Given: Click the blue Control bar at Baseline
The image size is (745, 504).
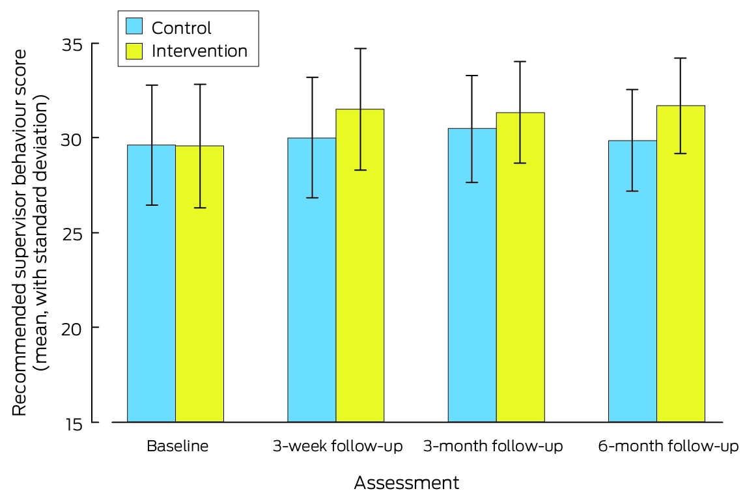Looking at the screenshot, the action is (x=152, y=284).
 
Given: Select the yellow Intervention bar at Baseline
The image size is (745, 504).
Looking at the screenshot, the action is (x=199, y=284).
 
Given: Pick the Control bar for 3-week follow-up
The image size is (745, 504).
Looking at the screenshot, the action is (x=312, y=280).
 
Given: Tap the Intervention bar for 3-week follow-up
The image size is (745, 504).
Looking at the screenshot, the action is (x=359, y=266).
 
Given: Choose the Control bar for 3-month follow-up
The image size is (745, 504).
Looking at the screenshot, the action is (x=472, y=275).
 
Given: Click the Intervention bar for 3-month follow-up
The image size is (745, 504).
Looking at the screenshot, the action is (x=520, y=268).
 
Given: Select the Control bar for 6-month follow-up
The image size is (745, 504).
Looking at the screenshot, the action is (x=632, y=281).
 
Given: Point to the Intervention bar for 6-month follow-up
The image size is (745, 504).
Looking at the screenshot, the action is (x=681, y=264).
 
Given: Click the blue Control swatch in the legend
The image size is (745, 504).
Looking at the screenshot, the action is (x=134, y=26).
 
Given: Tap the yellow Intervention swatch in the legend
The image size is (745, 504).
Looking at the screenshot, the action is (x=134, y=51).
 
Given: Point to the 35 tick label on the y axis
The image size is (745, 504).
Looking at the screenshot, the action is (x=72, y=45).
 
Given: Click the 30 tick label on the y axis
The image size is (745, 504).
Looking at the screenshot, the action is (x=72, y=139).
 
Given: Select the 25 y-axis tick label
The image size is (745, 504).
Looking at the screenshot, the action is (x=72, y=234).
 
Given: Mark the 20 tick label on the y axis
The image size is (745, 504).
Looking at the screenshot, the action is (x=72, y=329).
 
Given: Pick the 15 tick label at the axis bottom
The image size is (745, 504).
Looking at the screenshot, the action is (x=73, y=424).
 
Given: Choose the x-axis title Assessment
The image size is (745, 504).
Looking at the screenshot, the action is (x=407, y=483).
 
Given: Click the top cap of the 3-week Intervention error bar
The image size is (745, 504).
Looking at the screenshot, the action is (x=360, y=48).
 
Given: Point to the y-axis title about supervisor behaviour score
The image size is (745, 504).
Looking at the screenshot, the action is (x=30, y=232).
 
